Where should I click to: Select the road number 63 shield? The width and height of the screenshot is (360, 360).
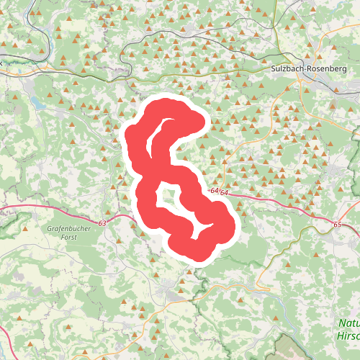point(102,224)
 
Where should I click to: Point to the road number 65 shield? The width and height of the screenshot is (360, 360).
point(338,225)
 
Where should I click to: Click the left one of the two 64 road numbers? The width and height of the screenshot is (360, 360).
point(214,192)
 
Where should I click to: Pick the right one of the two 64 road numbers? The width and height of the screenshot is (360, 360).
point(225,193)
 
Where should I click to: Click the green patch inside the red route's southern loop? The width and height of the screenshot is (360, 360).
point(168,197)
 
